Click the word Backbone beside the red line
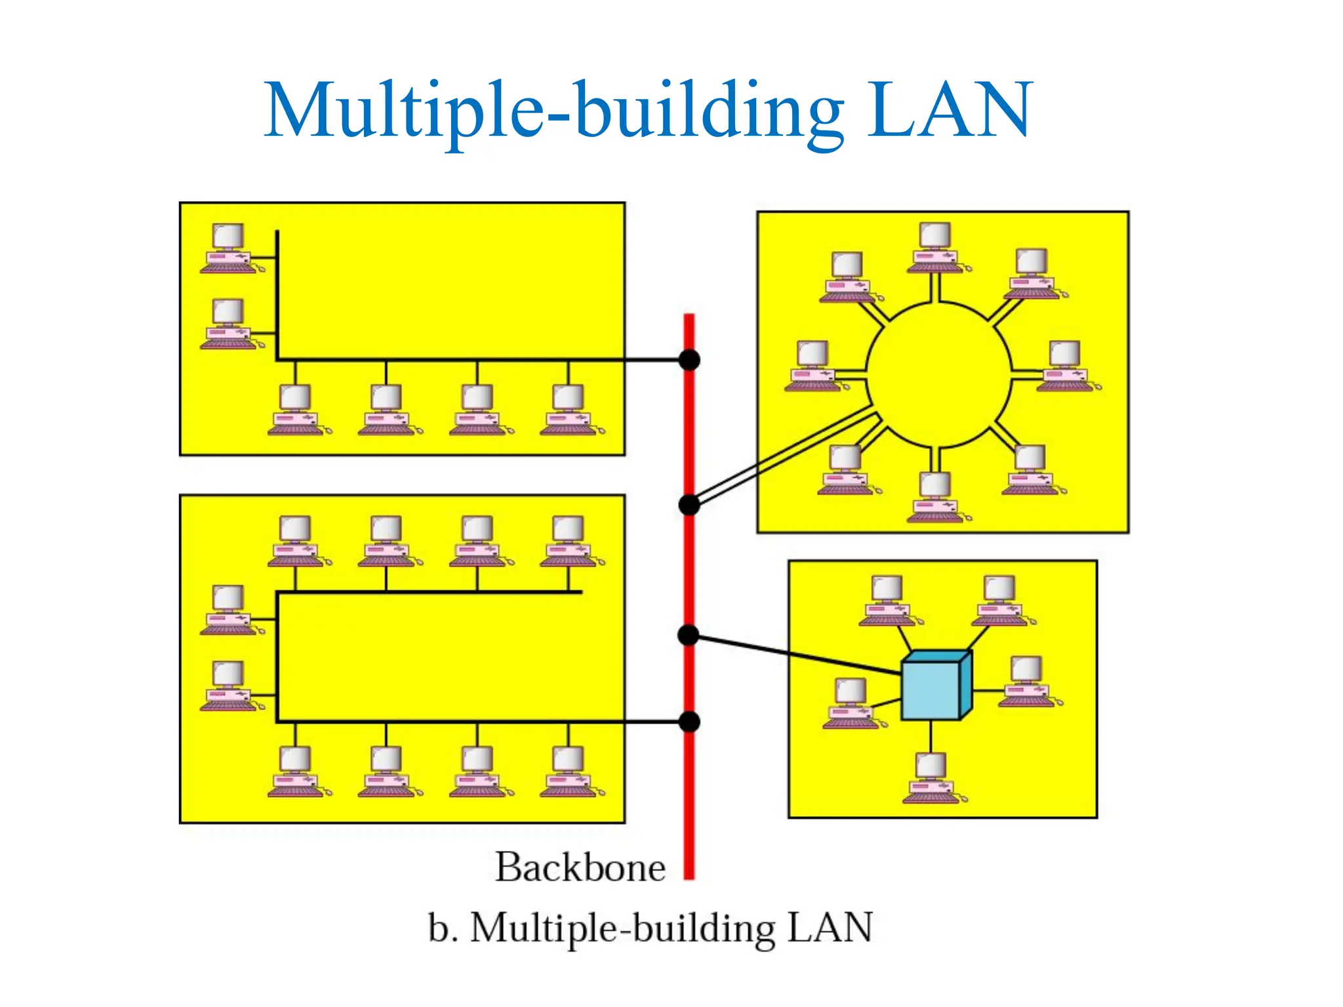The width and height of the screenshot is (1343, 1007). (580, 867)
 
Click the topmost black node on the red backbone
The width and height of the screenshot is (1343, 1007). (689, 360)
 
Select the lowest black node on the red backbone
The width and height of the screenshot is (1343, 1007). (689, 722)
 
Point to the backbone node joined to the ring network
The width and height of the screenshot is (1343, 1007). (689, 505)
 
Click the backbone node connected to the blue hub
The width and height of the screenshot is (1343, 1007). (689, 635)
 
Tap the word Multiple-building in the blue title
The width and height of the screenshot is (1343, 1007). (554, 111)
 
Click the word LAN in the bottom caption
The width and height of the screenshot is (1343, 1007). (830, 928)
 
